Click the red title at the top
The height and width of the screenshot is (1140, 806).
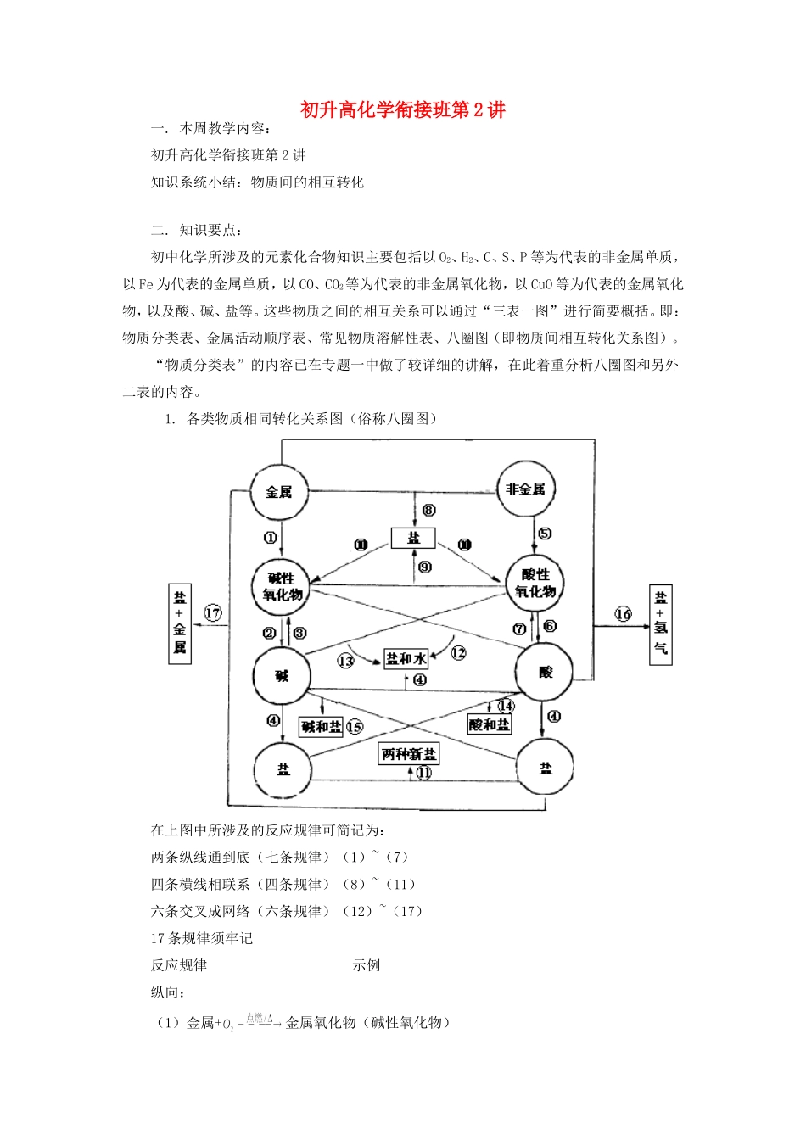(x=403, y=110)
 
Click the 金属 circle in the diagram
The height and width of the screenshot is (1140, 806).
(x=279, y=492)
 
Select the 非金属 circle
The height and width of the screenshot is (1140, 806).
(x=525, y=489)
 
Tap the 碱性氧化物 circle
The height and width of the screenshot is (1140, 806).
(x=282, y=586)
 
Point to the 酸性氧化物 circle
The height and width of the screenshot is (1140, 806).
(x=535, y=584)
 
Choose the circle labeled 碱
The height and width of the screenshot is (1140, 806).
(x=282, y=676)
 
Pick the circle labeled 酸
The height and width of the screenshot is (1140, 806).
(x=545, y=672)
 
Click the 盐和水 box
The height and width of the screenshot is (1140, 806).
(x=406, y=658)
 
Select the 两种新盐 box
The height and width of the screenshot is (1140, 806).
(x=409, y=754)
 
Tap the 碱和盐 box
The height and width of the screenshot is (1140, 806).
(x=322, y=727)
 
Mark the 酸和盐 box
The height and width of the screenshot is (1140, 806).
(x=490, y=724)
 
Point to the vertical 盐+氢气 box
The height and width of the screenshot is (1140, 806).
(x=661, y=624)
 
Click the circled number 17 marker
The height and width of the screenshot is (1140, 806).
(x=213, y=613)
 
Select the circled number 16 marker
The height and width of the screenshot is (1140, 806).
(x=624, y=614)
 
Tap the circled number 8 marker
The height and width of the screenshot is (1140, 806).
(x=429, y=510)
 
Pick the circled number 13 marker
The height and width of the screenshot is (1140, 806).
(x=345, y=661)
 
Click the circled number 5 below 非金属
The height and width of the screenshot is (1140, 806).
(x=545, y=534)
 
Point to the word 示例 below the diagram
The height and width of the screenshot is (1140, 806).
(x=367, y=965)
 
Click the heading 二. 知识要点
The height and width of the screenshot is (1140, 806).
(x=197, y=230)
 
